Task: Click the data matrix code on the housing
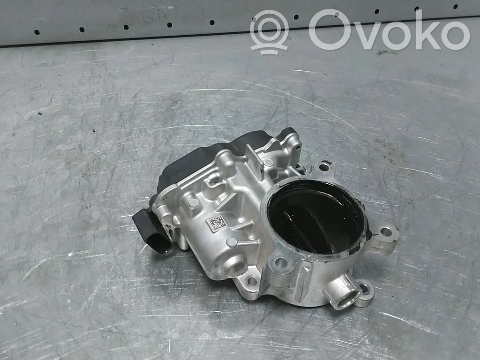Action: tap(217, 224)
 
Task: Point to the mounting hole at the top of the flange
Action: tap(323, 167)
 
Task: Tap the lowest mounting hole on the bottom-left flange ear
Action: tap(252, 281)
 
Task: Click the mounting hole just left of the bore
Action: tap(281, 262)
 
